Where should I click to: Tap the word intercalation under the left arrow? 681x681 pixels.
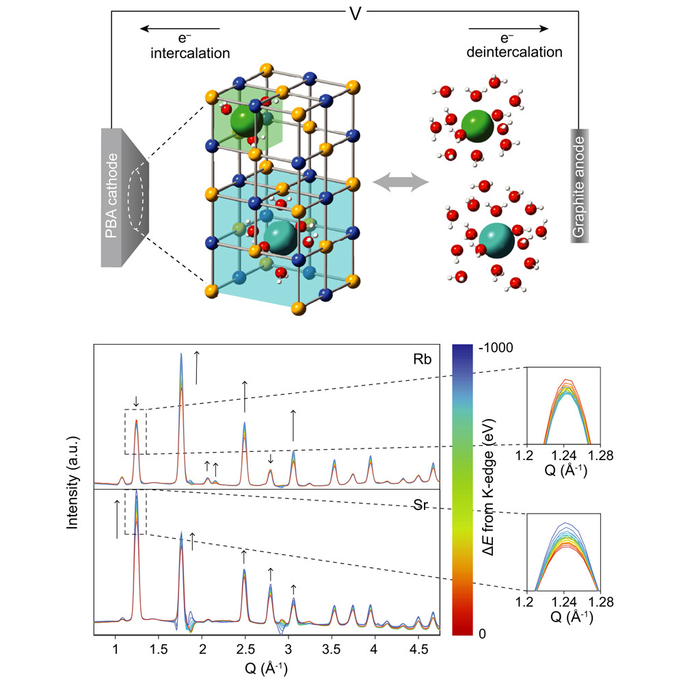190,53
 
